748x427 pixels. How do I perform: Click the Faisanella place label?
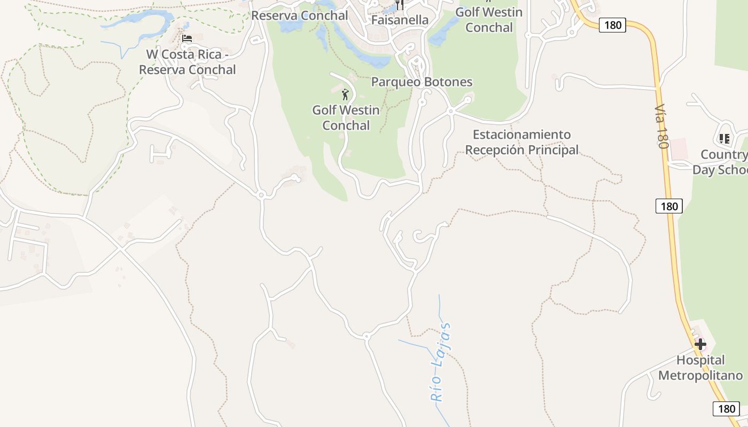coord(400,20)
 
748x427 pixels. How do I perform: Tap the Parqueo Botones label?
coord(422,82)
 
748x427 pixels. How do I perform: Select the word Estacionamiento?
coord(521,135)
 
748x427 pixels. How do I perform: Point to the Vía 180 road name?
coord(661,126)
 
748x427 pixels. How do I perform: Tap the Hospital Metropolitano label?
coord(700,368)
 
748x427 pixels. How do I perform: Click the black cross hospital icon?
coord(700,344)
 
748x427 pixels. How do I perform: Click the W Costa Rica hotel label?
coord(187,62)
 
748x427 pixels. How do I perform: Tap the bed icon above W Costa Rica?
coord(187,38)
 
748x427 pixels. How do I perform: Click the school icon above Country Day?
coord(724,139)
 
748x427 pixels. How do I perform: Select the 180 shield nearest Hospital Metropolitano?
coord(726,409)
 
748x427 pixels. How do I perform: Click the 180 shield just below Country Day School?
coord(669,206)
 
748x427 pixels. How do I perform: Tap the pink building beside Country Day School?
coord(679,148)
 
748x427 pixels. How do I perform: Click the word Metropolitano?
coord(700,375)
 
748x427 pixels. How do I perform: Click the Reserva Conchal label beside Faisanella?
coord(300,15)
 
